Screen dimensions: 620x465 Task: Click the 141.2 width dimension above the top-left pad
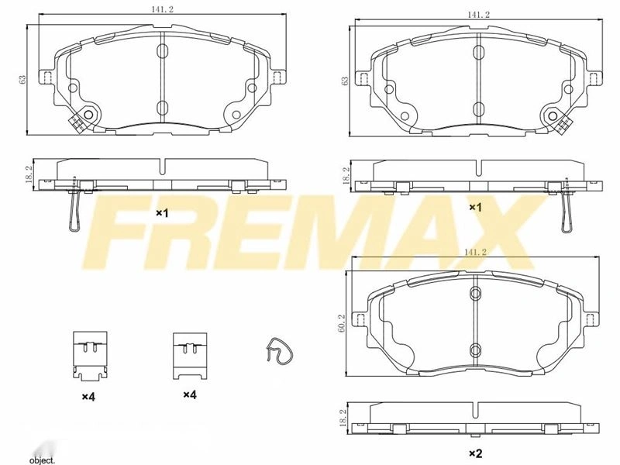pyautogui.click(x=162, y=10)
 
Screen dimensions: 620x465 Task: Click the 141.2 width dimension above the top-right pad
pyautogui.click(x=478, y=15)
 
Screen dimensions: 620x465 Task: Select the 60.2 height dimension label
pyautogui.click(x=343, y=323)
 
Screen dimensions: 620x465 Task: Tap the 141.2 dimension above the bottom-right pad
pyautogui.click(x=475, y=252)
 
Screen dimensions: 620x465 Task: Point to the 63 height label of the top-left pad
pyautogui.click(x=23, y=79)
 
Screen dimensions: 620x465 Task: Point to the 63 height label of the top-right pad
pyautogui.click(x=346, y=81)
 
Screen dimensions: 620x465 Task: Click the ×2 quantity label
pyautogui.click(x=476, y=453)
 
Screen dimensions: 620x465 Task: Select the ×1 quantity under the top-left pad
pyautogui.click(x=162, y=213)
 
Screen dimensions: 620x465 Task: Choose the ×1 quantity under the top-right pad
pyautogui.click(x=476, y=207)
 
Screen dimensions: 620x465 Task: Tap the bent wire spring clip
pyautogui.click(x=277, y=351)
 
